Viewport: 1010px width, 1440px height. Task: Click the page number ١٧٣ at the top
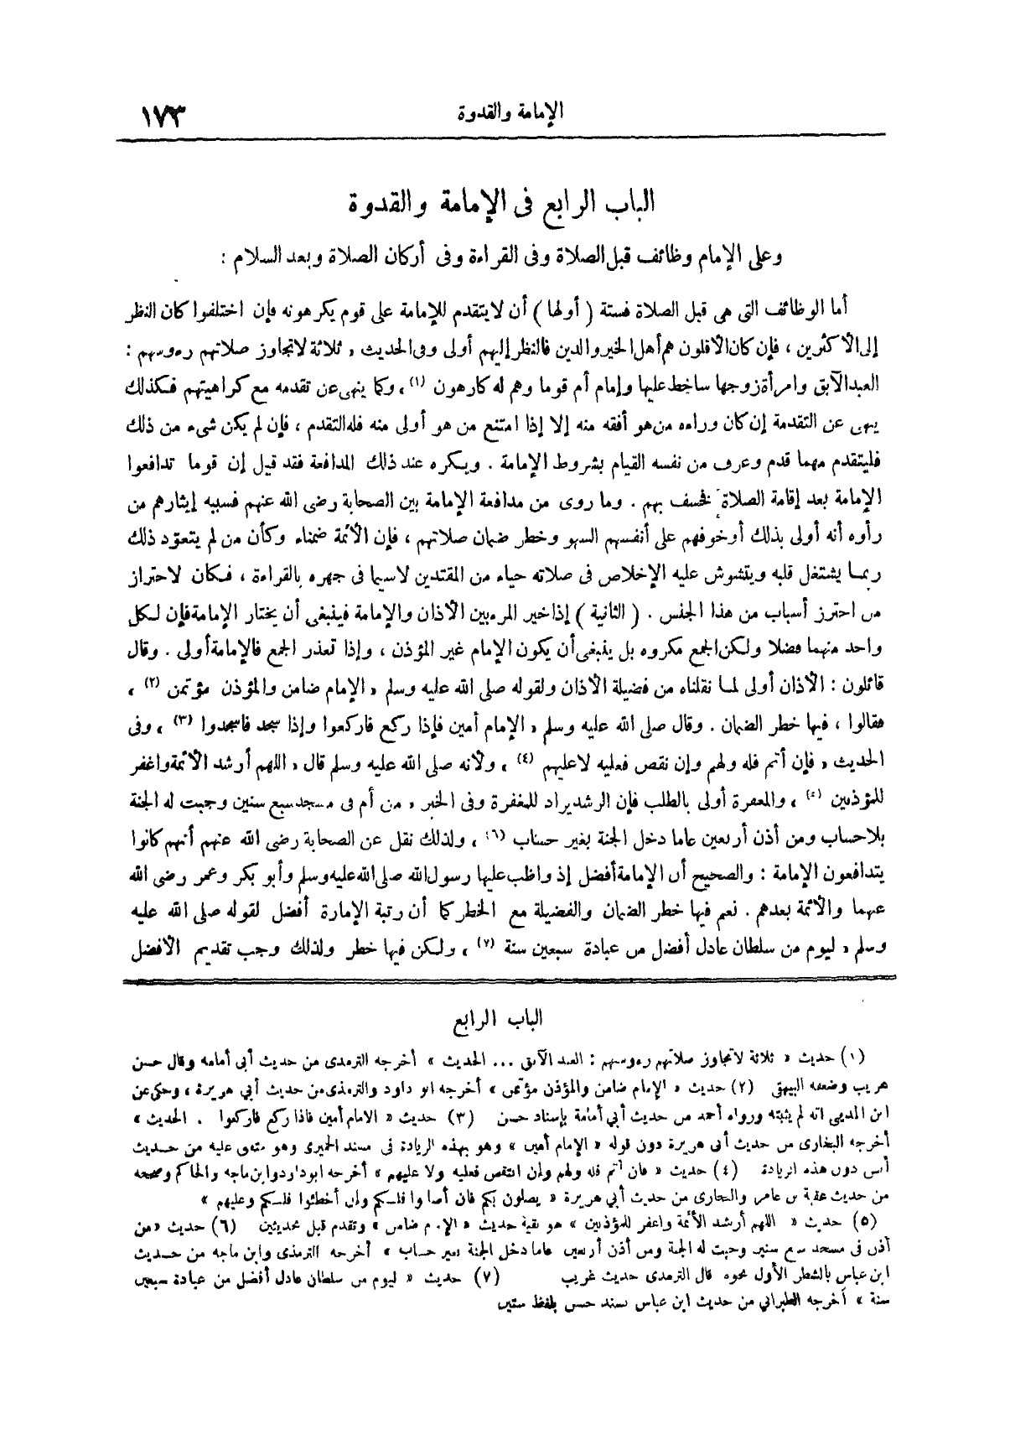tap(165, 113)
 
